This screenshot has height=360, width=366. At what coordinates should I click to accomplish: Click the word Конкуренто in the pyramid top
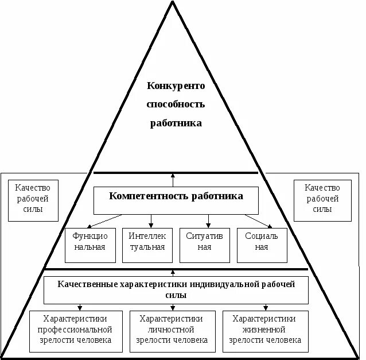pyautogui.click(x=176, y=86)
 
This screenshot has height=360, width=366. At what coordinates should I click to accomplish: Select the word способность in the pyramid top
pyautogui.click(x=176, y=104)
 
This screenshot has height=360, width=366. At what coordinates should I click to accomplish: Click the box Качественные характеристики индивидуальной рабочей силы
pyautogui.click(x=176, y=289)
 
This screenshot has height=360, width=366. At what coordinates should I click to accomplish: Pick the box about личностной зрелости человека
pyautogui.click(x=172, y=331)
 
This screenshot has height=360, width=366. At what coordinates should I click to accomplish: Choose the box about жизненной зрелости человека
pyautogui.click(x=264, y=331)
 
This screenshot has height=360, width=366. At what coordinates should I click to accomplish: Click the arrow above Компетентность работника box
pyautogui.click(x=173, y=180)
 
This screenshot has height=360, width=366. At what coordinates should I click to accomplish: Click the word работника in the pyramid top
pyautogui.click(x=176, y=123)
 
